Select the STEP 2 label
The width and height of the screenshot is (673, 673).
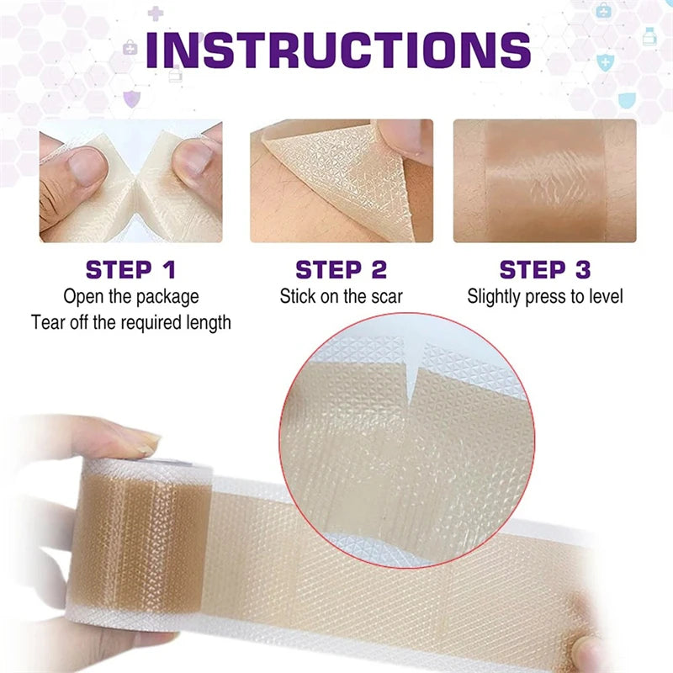tap(341, 270)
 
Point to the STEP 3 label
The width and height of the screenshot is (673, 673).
tap(545, 270)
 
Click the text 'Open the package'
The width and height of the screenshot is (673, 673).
tap(130, 296)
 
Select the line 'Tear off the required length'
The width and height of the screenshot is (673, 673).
tap(130, 322)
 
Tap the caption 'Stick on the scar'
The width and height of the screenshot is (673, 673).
tap(341, 296)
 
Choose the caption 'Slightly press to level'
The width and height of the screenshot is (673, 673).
tap(545, 296)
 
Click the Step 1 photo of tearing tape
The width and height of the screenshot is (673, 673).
tap(130, 181)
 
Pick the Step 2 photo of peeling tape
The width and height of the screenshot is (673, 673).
tap(341, 181)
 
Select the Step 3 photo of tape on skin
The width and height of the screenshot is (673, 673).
tap(545, 181)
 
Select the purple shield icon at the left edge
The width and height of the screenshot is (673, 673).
tap(131, 99)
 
